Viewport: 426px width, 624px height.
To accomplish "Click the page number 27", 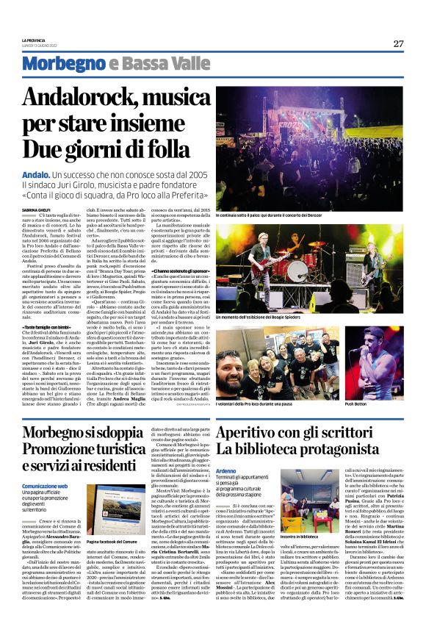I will click(x=397, y=43).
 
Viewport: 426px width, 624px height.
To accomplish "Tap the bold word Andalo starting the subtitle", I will click(x=35, y=174).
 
